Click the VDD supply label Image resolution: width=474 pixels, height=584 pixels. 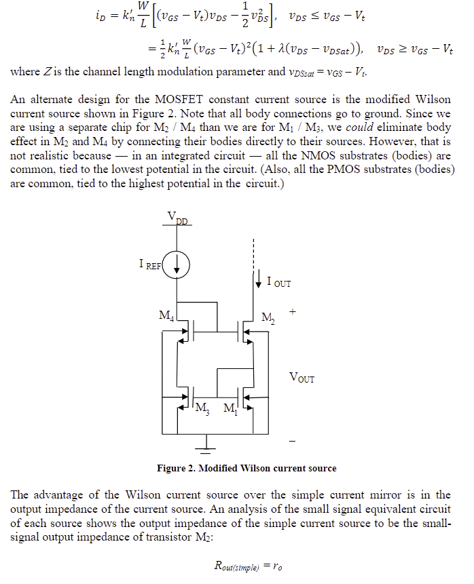(178, 218)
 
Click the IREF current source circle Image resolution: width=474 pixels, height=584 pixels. (177, 266)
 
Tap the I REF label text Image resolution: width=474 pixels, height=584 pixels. (150, 265)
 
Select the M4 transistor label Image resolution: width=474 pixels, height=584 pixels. (165, 315)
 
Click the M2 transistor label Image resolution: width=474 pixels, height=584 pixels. (269, 317)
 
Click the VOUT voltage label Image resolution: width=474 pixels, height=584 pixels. (302, 377)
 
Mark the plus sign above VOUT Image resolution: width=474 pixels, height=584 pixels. (293, 313)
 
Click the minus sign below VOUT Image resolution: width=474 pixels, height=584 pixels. (293, 442)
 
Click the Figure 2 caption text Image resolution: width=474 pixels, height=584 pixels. (247, 468)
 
